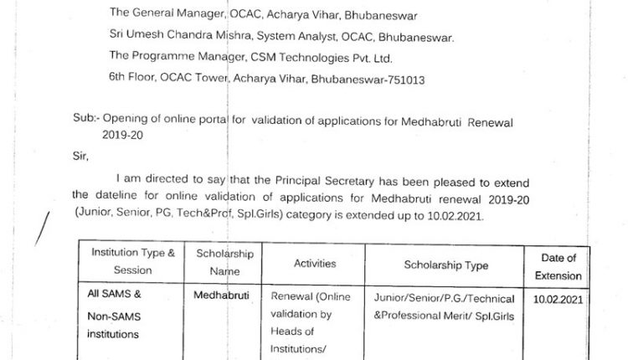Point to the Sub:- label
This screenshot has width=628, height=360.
tap(86, 121)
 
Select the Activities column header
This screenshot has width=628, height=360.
tap(315, 264)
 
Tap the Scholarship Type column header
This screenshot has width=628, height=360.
tap(446, 265)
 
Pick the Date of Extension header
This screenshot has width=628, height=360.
tap(561, 267)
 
